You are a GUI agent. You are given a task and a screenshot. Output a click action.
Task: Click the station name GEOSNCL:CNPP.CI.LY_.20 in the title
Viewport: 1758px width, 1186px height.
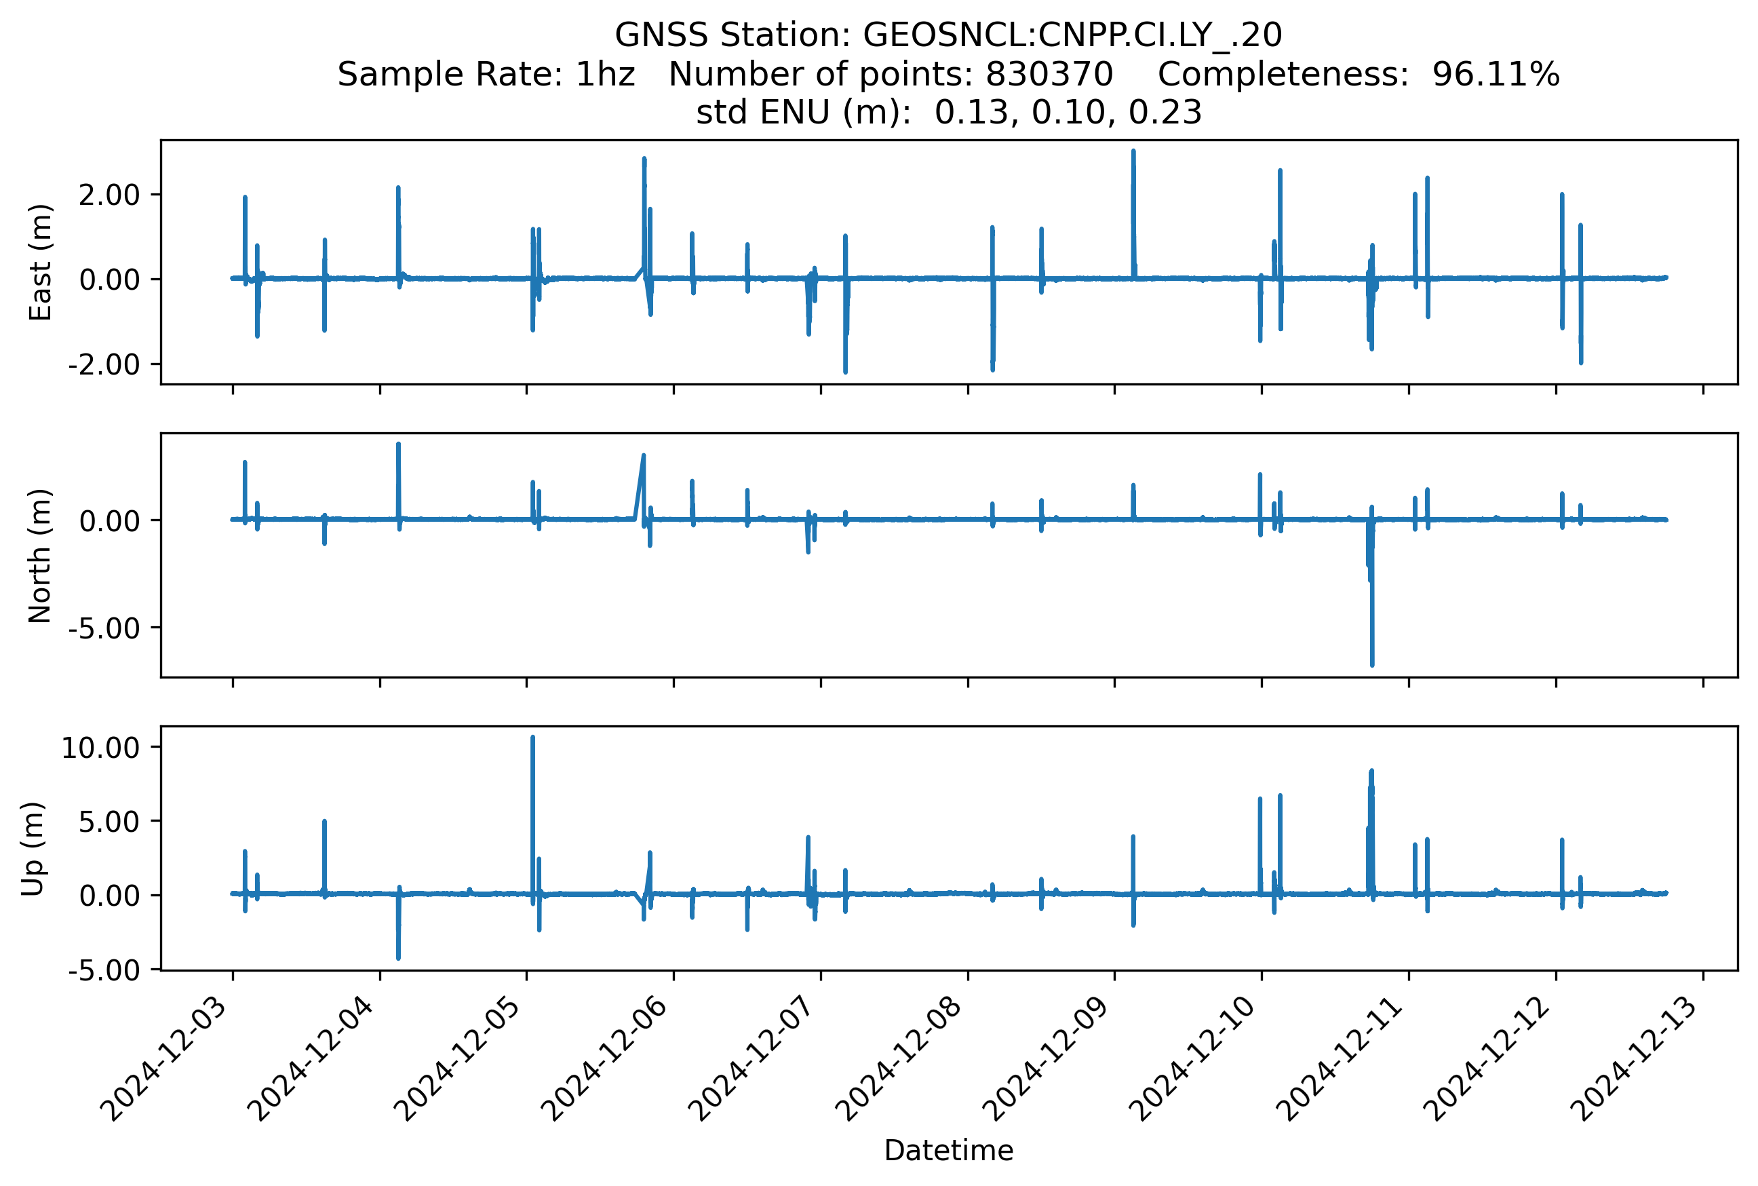pyautogui.click(x=1072, y=35)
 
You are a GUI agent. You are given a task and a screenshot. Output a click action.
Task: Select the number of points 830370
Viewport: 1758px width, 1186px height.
pyautogui.click(x=1049, y=75)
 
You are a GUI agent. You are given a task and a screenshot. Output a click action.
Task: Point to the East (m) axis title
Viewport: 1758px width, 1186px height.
pyautogui.click(x=40, y=263)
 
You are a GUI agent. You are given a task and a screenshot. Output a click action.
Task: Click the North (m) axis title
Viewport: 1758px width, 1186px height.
pyautogui.click(x=40, y=556)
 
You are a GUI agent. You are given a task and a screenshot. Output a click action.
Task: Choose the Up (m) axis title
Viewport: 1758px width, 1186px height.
pyautogui.click(x=33, y=849)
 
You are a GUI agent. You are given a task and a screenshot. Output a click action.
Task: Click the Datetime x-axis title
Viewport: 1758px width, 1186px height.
pyautogui.click(x=948, y=1151)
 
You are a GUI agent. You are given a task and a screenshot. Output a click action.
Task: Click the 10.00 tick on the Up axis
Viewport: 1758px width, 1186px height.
pyautogui.click(x=100, y=747)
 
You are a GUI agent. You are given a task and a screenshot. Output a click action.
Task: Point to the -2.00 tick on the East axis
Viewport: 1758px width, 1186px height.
pyautogui.click(x=104, y=364)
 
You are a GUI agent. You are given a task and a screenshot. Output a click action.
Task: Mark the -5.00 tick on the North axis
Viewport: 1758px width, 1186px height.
pyautogui.click(x=104, y=628)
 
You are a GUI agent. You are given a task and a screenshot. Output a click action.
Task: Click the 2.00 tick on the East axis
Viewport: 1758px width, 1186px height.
pyautogui.click(x=110, y=195)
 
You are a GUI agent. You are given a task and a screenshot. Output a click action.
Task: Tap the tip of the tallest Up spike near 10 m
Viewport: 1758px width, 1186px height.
pyautogui.click(x=533, y=737)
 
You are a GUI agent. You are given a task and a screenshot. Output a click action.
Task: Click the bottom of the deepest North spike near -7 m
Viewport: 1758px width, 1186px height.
pyautogui.click(x=1371, y=665)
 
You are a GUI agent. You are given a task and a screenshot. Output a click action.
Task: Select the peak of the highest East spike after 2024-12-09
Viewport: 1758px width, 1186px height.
pyautogui.click(x=1133, y=151)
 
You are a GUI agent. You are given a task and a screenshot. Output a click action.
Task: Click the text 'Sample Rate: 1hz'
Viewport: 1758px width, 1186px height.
pyautogui.click(x=486, y=75)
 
